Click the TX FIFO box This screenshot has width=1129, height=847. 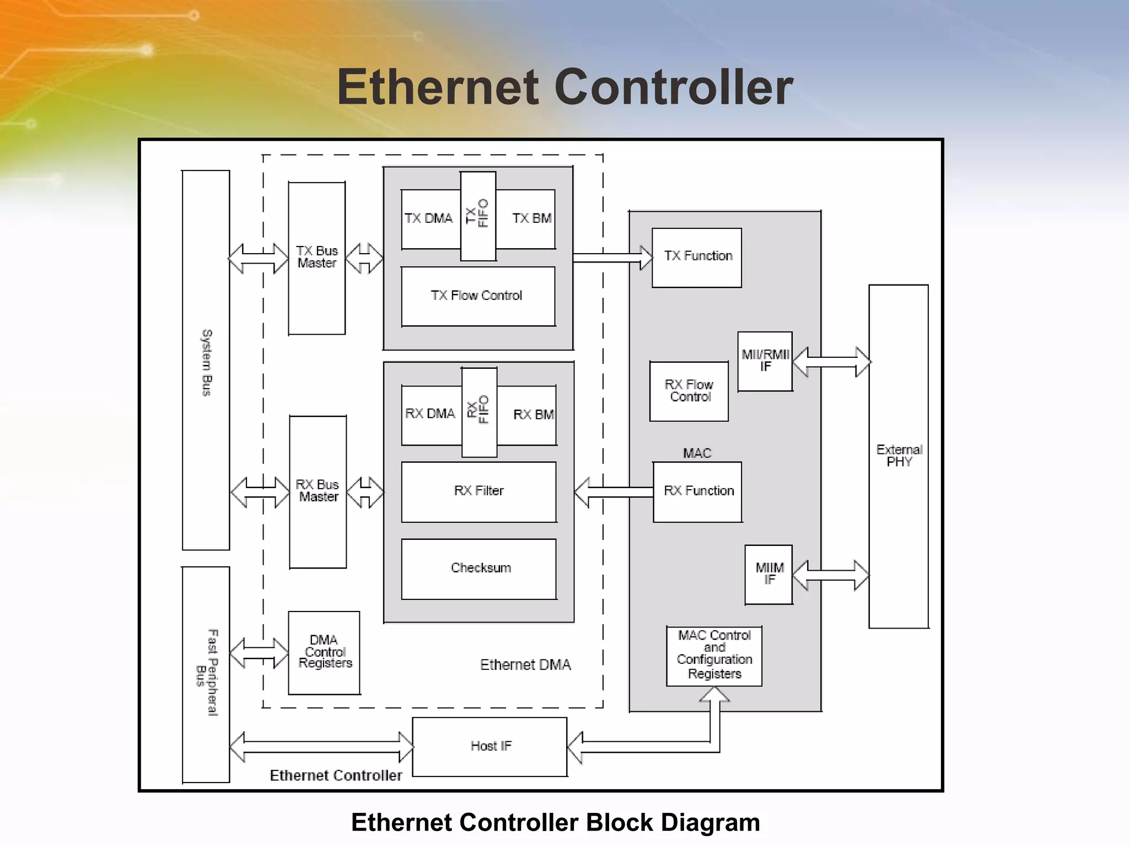(x=478, y=216)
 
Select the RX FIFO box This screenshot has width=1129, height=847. (x=479, y=412)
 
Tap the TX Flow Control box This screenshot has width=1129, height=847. (x=478, y=296)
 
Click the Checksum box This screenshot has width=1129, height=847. (x=479, y=569)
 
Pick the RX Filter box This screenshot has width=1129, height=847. (x=479, y=491)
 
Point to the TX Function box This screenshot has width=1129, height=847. (x=696, y=258)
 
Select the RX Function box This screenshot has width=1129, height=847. (x=697, y=491)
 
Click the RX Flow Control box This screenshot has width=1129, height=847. (x=689, y=391)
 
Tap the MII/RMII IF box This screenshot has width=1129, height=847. (x=765, y=361)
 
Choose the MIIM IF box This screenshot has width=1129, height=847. (x=768, y=574)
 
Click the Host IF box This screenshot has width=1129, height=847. (x=490, y=747)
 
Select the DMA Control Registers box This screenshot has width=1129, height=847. (x=324, y=652)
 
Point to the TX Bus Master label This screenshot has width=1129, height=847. (x=317, y=257)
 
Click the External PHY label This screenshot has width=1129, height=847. (x=899, y=456)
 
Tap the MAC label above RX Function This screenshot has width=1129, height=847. (x=697, y=453)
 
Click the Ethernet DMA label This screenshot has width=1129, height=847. (x=525, y=665)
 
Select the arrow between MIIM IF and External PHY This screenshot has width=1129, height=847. (x=831, y=575)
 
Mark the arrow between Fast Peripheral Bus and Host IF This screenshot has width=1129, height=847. (x=321, y=747)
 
